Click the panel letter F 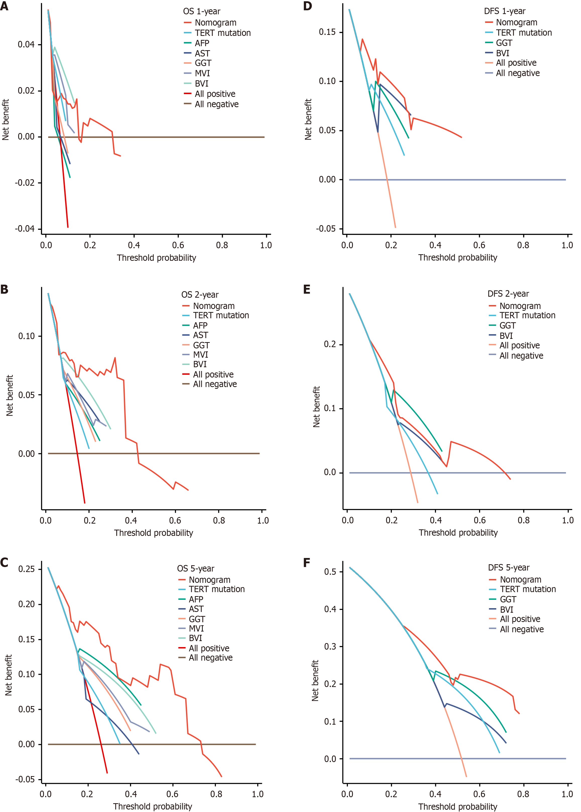pos(307,563)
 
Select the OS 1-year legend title pos(202,12)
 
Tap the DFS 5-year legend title pos(508,568)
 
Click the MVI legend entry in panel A pos(202,73)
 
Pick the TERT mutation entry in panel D pos(523,33)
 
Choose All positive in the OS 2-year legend pos(213,374)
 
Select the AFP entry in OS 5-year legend pos(196,599)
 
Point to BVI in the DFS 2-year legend pos(506,336)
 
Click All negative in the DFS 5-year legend pos(522,629)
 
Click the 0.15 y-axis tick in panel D pos(327,32)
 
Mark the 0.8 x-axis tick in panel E pos(523,520)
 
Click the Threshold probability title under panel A pos(156,258)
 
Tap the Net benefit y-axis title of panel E pos(316,407)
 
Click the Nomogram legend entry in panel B pos(214,306)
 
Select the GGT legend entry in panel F pos(508,599)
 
